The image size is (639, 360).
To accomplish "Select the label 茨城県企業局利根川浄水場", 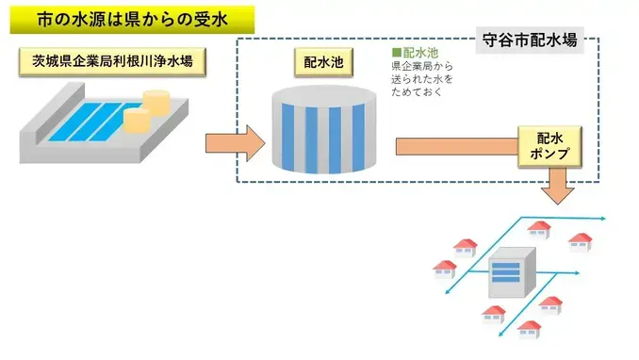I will coord(112,62).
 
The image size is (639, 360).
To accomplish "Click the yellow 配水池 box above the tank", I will coord(318,63).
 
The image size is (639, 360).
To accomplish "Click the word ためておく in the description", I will coord(416,93).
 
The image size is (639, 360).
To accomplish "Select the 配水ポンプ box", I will coord(550,146).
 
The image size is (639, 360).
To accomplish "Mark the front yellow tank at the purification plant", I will coord(138,119).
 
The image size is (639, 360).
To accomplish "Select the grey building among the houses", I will coord(510,273).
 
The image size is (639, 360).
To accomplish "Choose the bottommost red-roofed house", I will coord(530,329).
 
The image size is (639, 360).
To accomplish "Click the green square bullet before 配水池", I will coord(397,53).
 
